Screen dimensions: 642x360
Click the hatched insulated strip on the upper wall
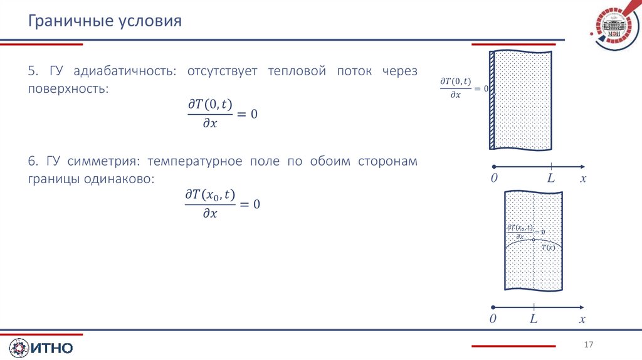pos(493,100)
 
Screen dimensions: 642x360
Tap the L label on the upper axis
pos(551,179)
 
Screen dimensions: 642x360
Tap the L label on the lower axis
pos(534,319)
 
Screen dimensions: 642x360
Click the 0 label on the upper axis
pos(494,179)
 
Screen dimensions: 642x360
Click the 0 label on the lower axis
pos(493,319)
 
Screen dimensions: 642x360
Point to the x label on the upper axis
pos(583,179)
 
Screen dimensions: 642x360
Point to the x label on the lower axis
pos(582,319)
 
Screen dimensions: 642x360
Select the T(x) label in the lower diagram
pos(549,247)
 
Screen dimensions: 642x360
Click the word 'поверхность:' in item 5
pos(68,89)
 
